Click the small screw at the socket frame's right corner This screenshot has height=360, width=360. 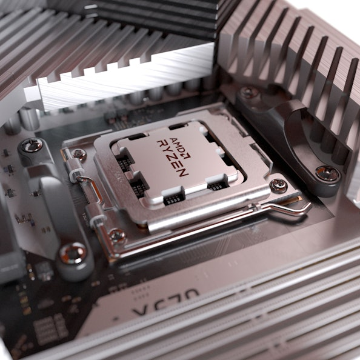point(278,185)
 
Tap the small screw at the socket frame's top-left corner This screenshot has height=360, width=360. point(78,155)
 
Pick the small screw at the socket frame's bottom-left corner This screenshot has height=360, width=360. point(116,235)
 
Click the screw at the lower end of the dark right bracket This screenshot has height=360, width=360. point(327,173)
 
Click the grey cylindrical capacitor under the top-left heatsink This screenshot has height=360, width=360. point(29,118)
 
